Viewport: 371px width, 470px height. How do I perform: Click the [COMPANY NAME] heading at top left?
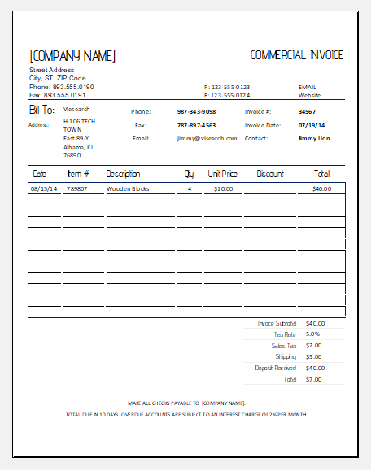(72, 56)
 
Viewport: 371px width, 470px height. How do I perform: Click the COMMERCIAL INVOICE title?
(296, 55)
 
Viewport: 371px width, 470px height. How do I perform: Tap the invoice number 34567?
(307, 111)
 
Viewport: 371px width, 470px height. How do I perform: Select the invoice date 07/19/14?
(311, 125)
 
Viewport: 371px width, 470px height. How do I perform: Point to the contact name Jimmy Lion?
(313, 138)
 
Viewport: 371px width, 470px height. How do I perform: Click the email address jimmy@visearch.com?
(207, 138)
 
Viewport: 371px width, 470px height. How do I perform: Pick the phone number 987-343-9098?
(196, 111)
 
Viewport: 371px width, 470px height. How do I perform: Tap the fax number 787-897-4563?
(196, 125)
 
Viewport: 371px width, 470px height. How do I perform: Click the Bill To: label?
(42, 110)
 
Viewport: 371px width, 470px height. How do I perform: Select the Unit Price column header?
(222, 174)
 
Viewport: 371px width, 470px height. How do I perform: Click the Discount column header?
(270, 174)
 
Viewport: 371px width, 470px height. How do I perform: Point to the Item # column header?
(78, 174)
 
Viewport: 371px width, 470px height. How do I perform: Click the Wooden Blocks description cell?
(128, 188)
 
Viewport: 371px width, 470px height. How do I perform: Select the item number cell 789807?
(77, 188)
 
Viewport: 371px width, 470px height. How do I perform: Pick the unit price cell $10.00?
(223, 188)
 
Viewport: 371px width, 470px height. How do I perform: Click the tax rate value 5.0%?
(313, 334)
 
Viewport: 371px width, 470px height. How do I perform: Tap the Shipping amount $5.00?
(314, 356)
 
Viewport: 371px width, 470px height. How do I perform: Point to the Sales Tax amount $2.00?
(314, 345)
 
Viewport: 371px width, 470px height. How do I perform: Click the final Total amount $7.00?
(314, 379)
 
